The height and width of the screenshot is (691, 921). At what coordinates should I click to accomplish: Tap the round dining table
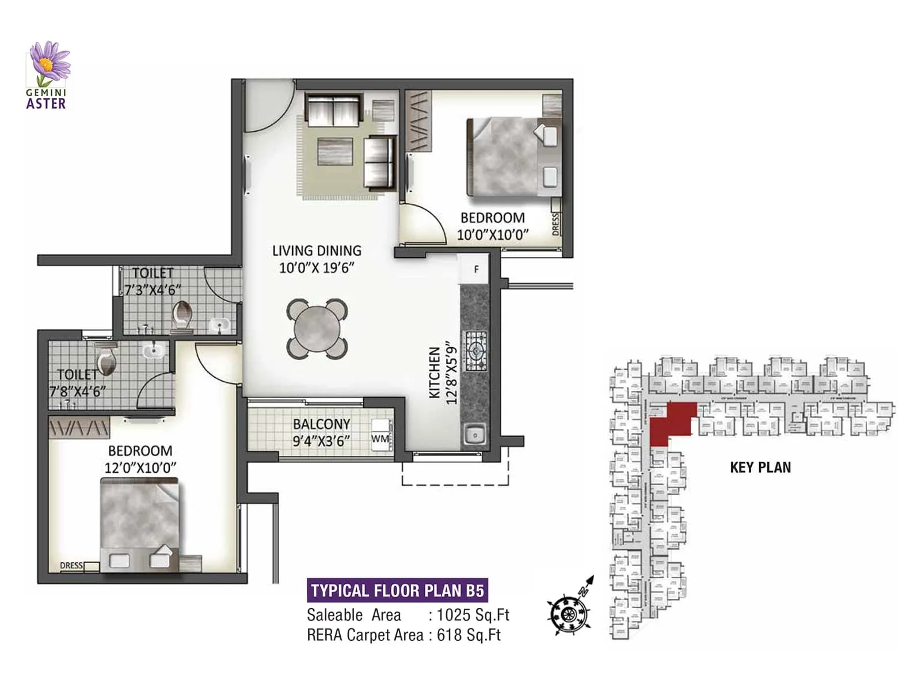click(x=317, y=329)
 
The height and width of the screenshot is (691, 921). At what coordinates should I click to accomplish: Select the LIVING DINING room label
click(x=317, y=251)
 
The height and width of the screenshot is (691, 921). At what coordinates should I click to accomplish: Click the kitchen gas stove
click(x=475, y=351)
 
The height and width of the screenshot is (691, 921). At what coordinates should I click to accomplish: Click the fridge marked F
click(x=475, y=269)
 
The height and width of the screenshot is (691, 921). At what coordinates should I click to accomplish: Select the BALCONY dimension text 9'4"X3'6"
click(x=321, y=442)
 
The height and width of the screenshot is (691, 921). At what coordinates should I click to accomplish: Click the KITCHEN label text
click(x=435, y=372)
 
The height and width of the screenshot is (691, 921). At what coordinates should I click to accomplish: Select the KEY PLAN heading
click(x=760, y=468)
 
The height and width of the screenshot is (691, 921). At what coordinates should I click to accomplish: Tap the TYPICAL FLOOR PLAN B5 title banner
click(x=397, y=591)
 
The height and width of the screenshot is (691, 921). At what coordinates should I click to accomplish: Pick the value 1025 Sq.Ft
click(x=473, y=615)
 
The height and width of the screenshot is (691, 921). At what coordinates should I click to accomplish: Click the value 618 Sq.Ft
click(x=469, y=635)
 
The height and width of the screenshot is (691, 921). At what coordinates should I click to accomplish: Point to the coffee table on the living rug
click(x=335, y=151)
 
